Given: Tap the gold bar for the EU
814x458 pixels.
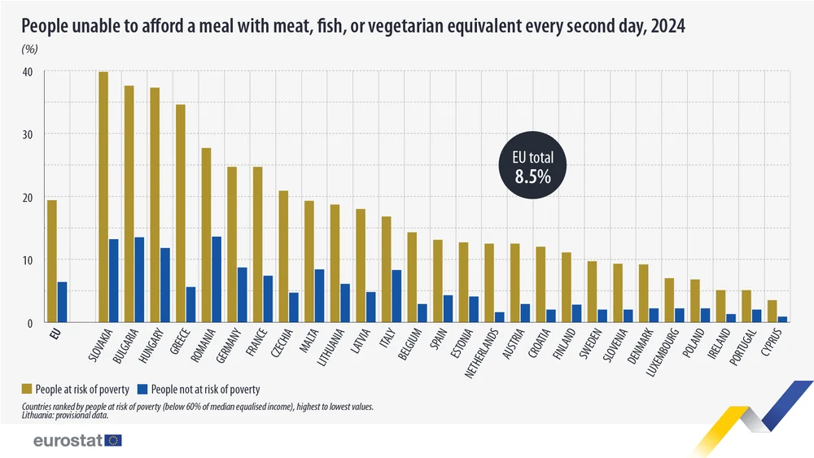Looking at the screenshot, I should (x=51, y=261).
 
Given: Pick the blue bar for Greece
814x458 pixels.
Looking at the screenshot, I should (x=190, y=304).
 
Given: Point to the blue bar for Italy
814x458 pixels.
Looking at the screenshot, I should (x=396, y=296).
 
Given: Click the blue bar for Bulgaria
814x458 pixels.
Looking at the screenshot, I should (x=139, y=280).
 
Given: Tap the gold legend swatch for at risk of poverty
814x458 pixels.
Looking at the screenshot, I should (x=27, y=390).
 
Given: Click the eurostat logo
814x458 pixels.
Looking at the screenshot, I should (x=77, y=440).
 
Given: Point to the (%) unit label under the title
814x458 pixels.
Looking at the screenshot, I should (x=29, y=48).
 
